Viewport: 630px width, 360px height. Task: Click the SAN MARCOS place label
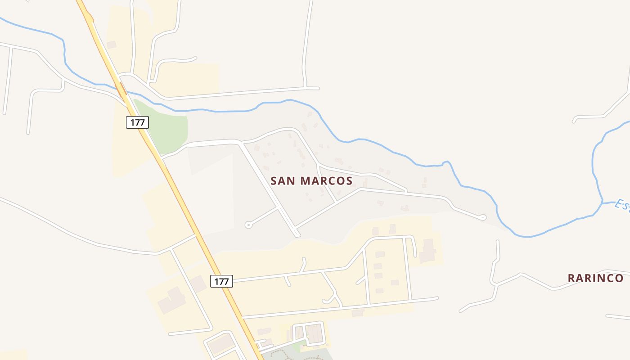click(311, 181)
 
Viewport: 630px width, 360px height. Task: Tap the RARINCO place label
click(595, 278)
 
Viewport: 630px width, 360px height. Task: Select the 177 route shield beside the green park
click(137, 122)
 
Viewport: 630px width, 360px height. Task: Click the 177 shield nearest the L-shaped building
click(221, 282)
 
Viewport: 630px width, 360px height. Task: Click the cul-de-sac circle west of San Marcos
click(247, 225)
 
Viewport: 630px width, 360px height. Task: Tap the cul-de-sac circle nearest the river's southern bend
click(483, 217)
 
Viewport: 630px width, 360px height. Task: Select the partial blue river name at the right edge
click(622, 205)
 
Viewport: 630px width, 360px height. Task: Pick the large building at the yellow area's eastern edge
click(427, 251)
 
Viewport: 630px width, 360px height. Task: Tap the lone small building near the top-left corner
click(111, 45)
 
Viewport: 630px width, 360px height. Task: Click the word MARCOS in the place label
click(326, 181)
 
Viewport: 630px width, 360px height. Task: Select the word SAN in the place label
click(283, 181)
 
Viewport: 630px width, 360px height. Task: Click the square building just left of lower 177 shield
click(198, 284)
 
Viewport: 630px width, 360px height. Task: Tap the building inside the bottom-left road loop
click(220, 344)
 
